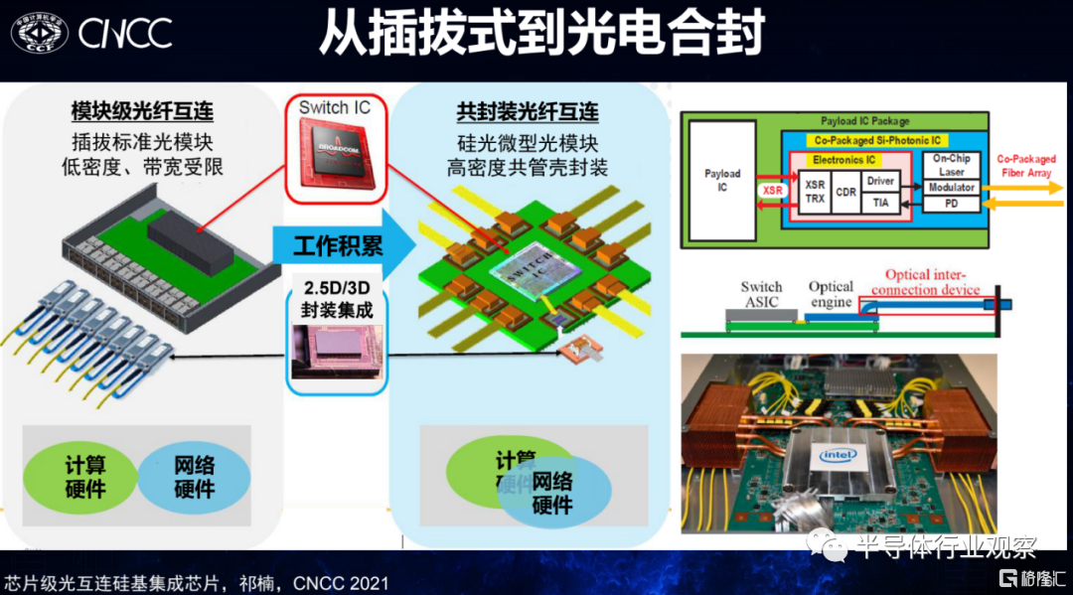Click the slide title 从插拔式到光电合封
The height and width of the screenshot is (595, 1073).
pyautogui.click(x=540, y=34)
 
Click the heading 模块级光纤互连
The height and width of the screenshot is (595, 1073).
pyautogui.click(x=143, y=110)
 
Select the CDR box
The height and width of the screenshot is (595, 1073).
pyautogui.click(x=845, y=192)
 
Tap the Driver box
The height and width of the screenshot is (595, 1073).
pyautogui.click(x=880, y=181)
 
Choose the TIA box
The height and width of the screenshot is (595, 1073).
pyautogui.click(x=880, y=203)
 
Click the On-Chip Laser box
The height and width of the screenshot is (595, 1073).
pyautogui.click(x=952, y=165)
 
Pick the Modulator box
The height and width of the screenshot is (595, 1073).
pyautogui.click(x=952, y=187)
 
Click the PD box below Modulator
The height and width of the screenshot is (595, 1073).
pyautogui.click(x=952, y=204)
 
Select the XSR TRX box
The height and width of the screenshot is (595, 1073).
pyautogui.click(x=814, y=192)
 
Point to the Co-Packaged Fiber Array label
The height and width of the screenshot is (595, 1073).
pyautogui.click(x=1026, y=166)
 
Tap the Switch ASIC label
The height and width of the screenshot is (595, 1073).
pyautogui.click(x=761, y=294)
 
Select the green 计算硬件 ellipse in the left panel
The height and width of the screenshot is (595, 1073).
pyautogui.click(x=85, y=476)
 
